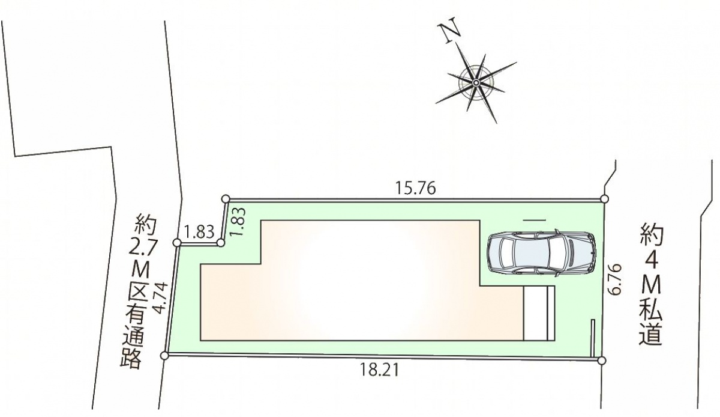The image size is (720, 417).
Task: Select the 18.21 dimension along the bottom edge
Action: click(x=379, y=370)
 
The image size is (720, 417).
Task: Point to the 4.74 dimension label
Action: click(x=161, y=298)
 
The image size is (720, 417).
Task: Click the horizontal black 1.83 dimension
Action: click(x=199, y=231)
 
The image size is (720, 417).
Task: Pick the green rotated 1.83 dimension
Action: click(x=239, y=222)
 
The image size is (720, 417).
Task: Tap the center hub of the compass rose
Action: click(x=475, y=83)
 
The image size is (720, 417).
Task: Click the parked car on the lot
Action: click(x=541, y=254)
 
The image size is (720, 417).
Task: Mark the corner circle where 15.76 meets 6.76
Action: click(x=604, y=199)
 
